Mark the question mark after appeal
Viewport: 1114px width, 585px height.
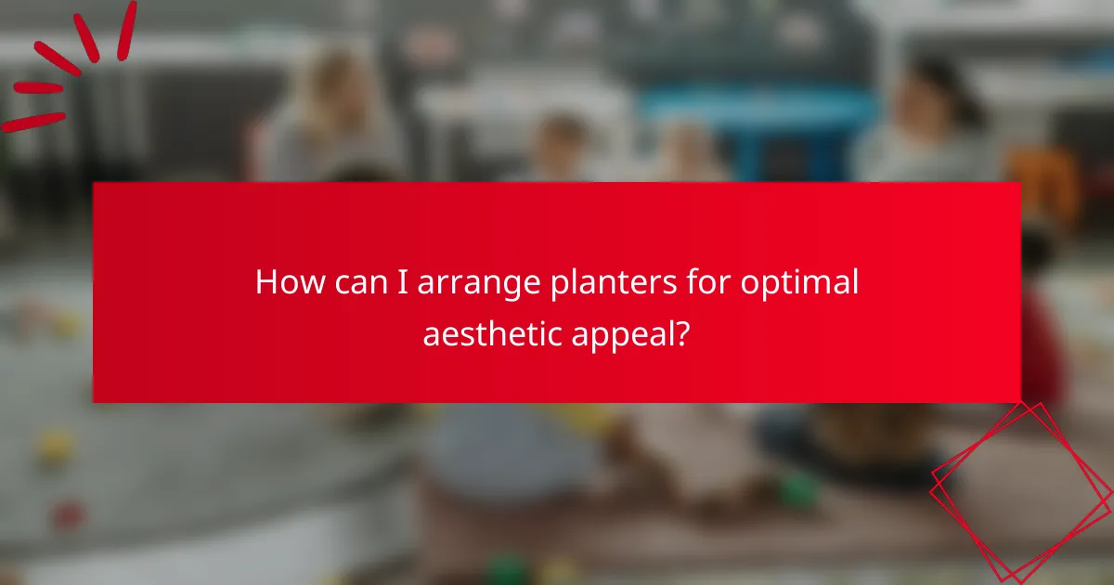[x=682, y=332]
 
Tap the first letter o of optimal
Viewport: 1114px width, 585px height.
[x=750, y=284]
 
